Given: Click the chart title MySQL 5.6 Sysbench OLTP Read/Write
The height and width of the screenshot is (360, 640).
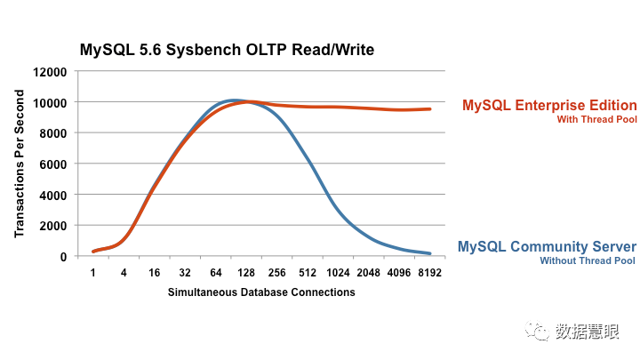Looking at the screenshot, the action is tap(227, 50).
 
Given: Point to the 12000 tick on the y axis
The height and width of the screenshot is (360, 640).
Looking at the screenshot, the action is tap(50, 72).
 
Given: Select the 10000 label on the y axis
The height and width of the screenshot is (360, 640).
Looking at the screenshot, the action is tap(50, 103).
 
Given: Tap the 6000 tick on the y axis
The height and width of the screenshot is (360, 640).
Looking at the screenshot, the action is tap(53, 164).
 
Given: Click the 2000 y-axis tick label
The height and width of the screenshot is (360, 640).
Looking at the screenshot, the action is tap(53, 226).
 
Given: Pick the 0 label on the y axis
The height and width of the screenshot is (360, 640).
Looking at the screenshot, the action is tap(63, 257).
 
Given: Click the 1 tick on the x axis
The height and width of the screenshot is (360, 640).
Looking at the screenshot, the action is tap(93, 273).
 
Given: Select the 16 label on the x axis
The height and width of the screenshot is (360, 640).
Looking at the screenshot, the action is tap(155, 273).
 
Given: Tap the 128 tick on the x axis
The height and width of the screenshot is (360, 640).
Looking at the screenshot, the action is tap(246, 273).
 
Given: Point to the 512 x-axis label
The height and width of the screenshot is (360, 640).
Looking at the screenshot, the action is tap(308, 273).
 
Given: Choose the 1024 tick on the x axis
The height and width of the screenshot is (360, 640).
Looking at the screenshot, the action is tap(338, 273).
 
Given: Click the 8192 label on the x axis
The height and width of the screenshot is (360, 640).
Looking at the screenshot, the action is tap(430, 273).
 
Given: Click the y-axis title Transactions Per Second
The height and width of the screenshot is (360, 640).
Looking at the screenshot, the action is tap(20, 164).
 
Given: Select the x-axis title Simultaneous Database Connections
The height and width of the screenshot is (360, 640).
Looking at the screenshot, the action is tap(261, 292).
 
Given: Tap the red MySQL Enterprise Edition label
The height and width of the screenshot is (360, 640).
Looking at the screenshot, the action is tap(549, 105).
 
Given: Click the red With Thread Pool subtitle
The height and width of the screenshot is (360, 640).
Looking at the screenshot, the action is tap(596, 120).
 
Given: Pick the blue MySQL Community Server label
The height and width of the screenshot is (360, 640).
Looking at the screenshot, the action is tap(547, 246).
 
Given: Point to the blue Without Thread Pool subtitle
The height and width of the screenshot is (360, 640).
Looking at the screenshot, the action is tap(588, 260).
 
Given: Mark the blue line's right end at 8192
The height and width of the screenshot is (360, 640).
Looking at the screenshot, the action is tap(430, 253).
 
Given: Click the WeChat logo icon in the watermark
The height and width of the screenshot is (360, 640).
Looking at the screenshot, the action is tap(537, 331).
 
